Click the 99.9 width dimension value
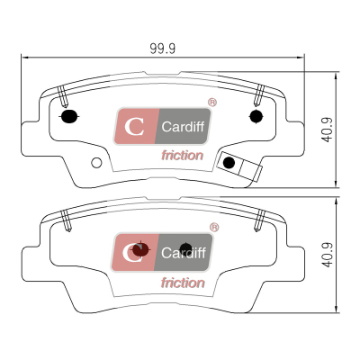coord(163,49)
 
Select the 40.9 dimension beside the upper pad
coord(327,130)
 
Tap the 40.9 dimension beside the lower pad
coord(327,255)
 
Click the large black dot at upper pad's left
coord(69,116)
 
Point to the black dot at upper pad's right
coord(256,116)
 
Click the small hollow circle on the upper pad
coord(96,163)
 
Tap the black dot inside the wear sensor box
coord(229,163)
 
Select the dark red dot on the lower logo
coord(140,249)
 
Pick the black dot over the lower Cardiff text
coord(185,248)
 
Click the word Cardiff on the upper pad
coord(183,127)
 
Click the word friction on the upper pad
coord(183,156)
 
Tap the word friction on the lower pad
coord(183,283)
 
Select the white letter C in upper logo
coord(134,127)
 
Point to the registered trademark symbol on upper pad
coord(212,103)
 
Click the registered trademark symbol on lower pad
coord(214,228)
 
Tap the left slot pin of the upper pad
coord(63,96)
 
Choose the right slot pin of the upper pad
coord(259,95)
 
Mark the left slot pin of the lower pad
coord(66,220)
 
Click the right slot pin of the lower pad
coord(260,220)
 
